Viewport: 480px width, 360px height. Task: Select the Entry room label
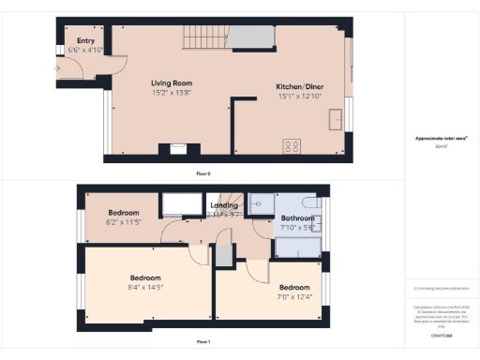(x=85, y=40)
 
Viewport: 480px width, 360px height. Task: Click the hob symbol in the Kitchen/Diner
(x=292, y=146)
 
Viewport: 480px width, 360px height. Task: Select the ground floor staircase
(x=200, y=38)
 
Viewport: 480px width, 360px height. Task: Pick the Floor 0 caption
(x=202, y=173)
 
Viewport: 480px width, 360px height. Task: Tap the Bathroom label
(x=297, y=217)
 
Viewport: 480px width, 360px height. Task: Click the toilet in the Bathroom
(x=312, y=202)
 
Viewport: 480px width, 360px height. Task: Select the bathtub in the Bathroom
(x=296, y=247)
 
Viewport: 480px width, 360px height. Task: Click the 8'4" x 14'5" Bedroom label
(x=145, y=277)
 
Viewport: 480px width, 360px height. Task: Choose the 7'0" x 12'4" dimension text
(x=294, y=297)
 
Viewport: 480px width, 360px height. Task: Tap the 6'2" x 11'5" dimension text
(x=123, y=222)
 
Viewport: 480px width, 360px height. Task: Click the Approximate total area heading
(x=442, y=139)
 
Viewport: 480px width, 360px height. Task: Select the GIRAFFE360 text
(x=442, y=334)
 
